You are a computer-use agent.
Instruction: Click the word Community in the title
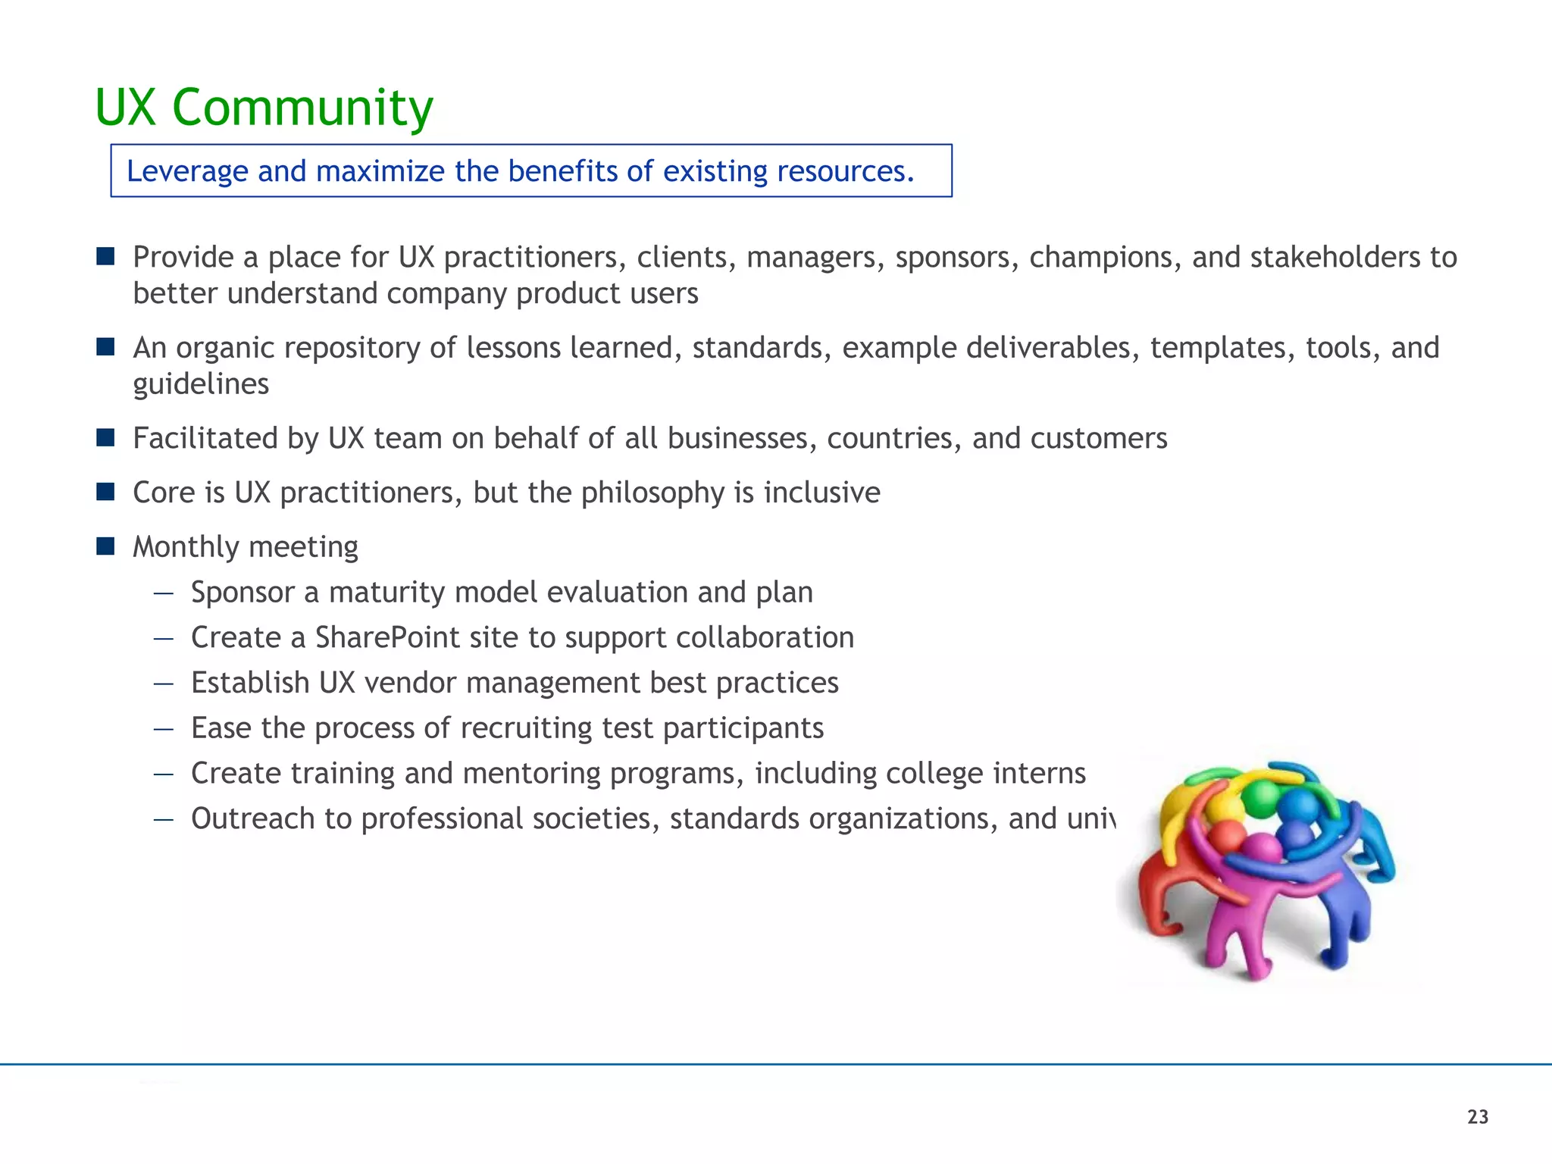[x=302, y=108]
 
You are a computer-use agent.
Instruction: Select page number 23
[x=1478, y=1117]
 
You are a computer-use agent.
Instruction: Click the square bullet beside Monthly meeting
[x=105, y=546]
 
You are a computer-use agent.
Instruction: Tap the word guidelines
[x=201, y=384]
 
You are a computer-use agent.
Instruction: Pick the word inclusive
[x=821, y=493]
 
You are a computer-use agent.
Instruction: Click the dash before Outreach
[x=164, y=819]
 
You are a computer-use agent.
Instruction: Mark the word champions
[x=1101, y=258]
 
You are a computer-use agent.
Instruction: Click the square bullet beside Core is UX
[x=105, y=493]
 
